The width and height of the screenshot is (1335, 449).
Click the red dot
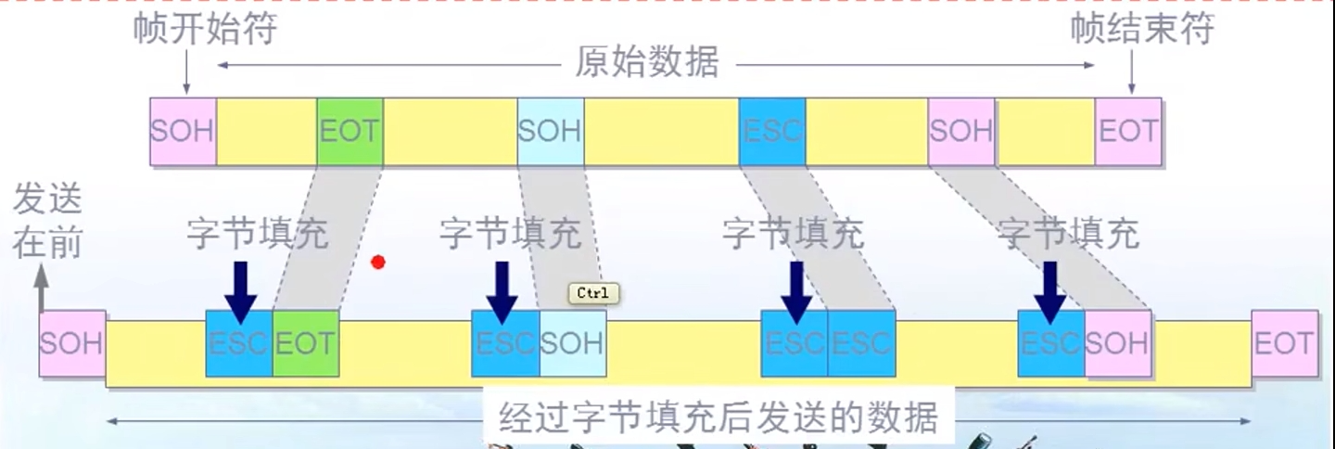tap(377, 263)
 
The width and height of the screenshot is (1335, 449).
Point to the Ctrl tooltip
tap(592, 293)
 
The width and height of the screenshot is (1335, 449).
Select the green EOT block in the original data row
tap(350, 131)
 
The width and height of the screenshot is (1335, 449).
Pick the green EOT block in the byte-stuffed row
tap(305, 343)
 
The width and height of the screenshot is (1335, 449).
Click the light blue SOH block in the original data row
tap(551, 131)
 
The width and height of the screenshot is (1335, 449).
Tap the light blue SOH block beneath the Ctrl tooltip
tap(572, 343)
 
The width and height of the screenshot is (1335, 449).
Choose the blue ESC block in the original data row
tap(772, 131)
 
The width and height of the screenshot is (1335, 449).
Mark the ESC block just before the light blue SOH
tap(505, 343)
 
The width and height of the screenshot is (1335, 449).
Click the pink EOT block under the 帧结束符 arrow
tap(1128, 131)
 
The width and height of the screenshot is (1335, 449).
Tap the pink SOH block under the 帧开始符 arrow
tap(183, 131)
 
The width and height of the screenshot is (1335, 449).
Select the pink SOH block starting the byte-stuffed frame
tap(72, 343)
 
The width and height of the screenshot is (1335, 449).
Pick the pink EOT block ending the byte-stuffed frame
tap(1284, 343)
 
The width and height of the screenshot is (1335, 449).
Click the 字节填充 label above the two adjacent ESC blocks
tap(793, 234)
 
